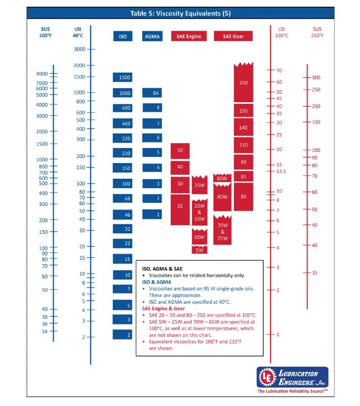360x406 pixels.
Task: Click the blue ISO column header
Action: (122, 36)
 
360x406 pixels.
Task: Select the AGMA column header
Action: (152, 36)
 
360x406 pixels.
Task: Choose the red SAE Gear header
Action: (233, 36)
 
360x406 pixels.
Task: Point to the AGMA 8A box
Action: (152, 93)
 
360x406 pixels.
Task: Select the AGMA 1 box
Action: (152, 214)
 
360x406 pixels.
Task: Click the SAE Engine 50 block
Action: (180, 150)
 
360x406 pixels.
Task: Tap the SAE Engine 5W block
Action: (200, 250)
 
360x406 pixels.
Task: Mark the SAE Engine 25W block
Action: (200, 185)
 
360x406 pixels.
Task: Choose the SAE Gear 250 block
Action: (243, 82)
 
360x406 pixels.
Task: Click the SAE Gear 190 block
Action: (243, 111)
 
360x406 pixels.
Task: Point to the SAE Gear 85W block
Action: (222, 178)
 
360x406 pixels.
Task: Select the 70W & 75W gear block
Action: (222, 230)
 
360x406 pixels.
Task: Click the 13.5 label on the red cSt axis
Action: (281, 171)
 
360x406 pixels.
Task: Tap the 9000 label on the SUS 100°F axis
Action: (42, 74)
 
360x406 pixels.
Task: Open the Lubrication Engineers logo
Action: (292, 379)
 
